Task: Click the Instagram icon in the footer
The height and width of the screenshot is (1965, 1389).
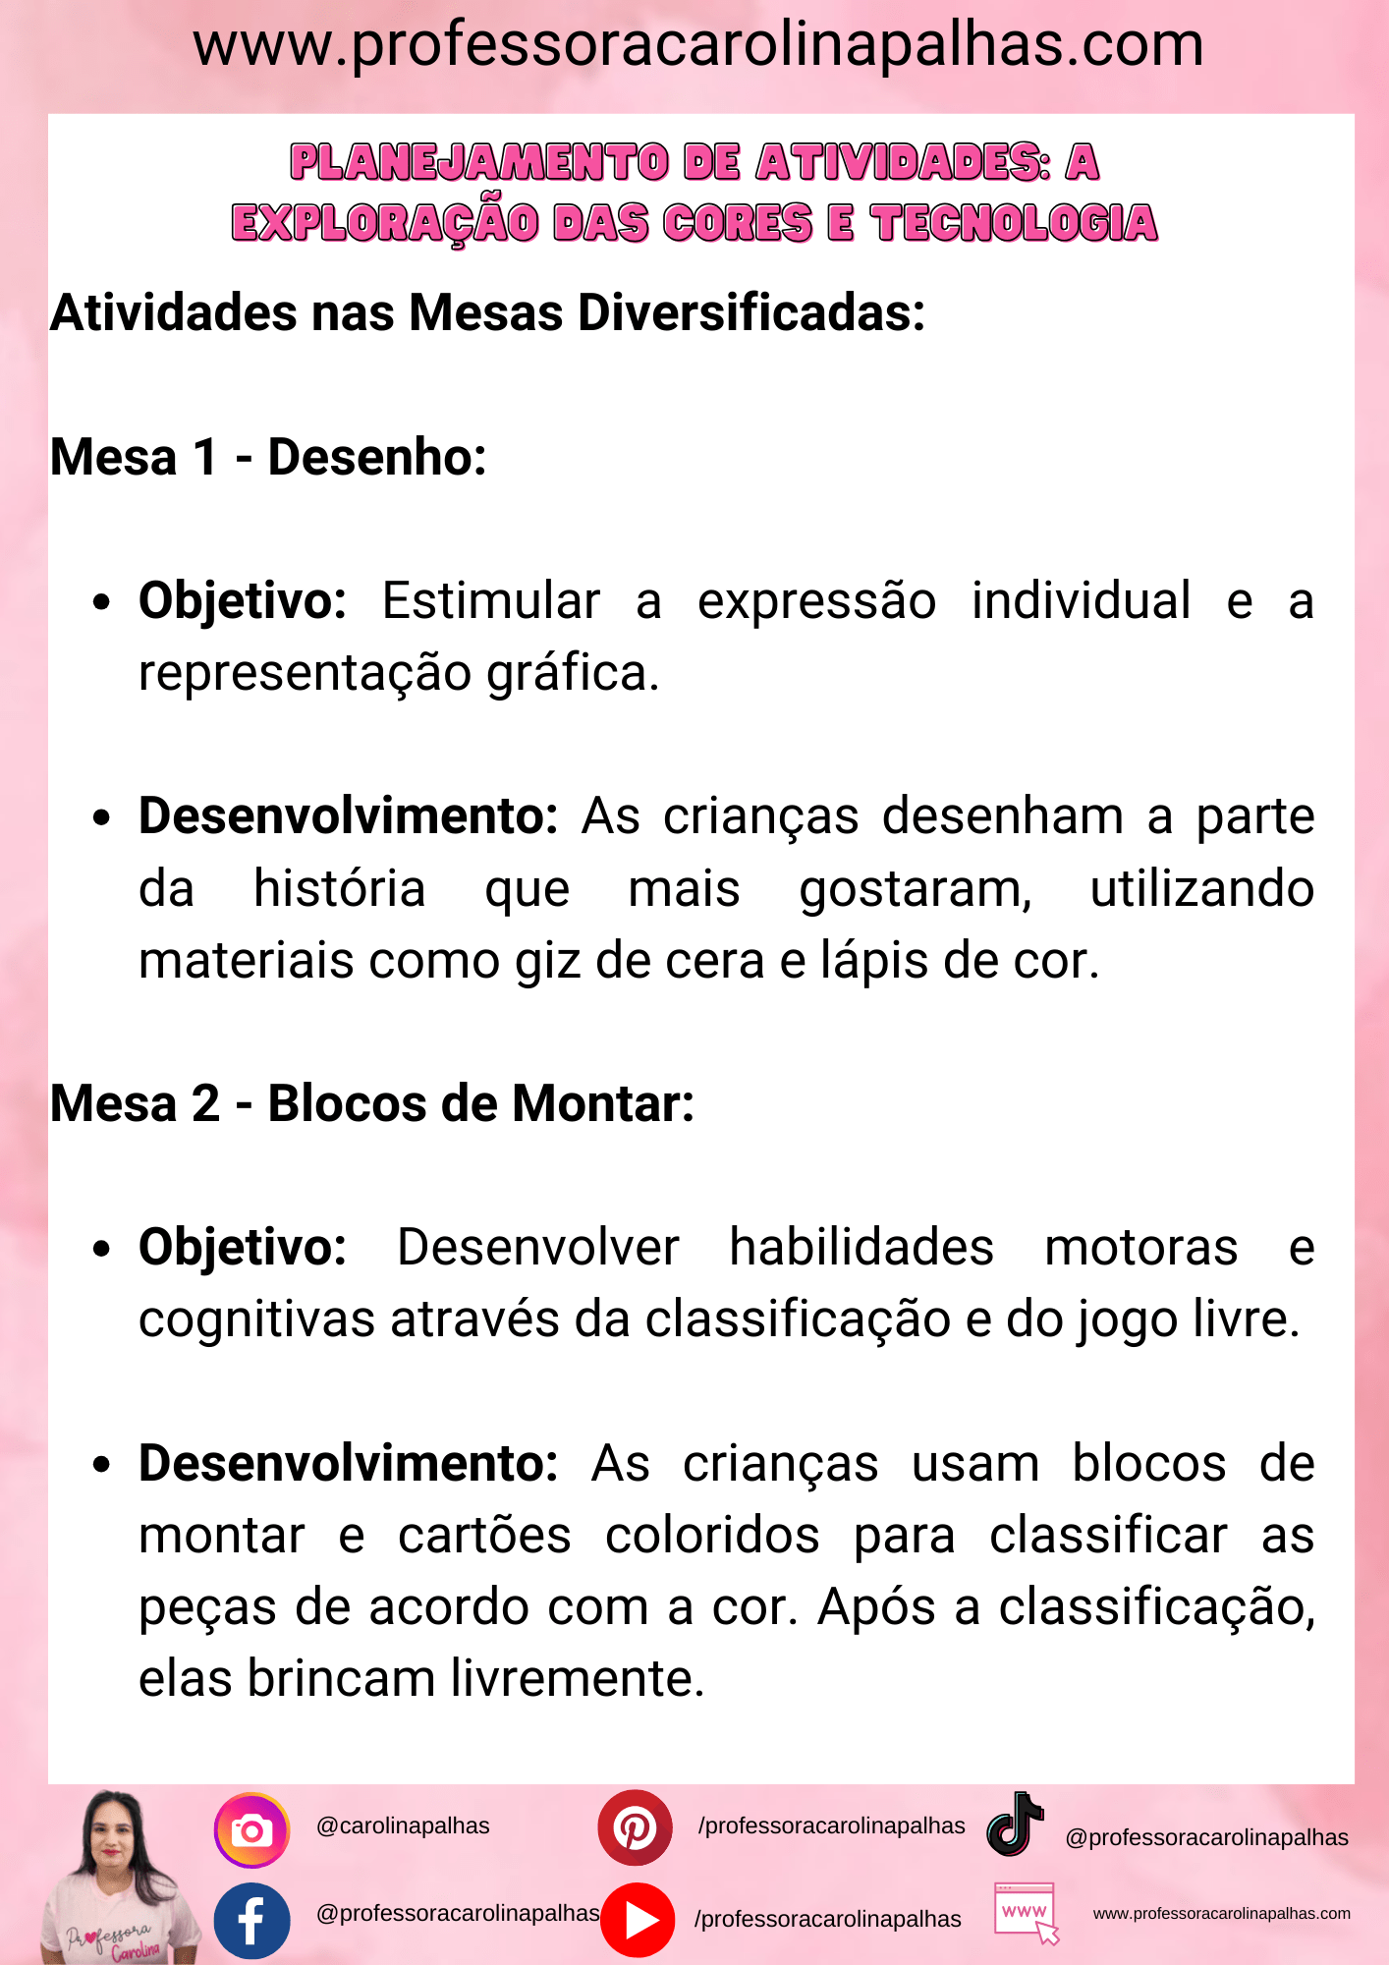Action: coord(251,1830)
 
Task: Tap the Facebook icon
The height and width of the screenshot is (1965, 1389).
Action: coord(251,1921)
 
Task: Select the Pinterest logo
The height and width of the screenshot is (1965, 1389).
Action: coord(635,1827)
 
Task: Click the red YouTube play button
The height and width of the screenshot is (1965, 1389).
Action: coord(638,1920)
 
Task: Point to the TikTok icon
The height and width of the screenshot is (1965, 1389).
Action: coord(1015,1825)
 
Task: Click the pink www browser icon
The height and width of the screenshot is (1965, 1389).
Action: coord(1026,1912)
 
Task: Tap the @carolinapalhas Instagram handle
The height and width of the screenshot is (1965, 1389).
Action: coord(403,1825)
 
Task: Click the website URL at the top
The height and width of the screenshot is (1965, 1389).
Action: coord(697,45)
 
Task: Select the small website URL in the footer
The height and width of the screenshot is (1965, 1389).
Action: coord(1221,1913)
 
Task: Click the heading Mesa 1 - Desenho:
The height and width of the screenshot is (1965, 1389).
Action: coord(268,457)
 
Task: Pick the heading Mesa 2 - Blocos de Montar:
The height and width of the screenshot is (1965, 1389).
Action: coord(372,1103)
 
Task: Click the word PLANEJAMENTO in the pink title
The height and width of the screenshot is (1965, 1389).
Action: coord(479,163)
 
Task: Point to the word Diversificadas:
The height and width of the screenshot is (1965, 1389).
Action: coord(751,313)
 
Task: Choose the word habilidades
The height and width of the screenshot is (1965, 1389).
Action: coord(861,1248)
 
